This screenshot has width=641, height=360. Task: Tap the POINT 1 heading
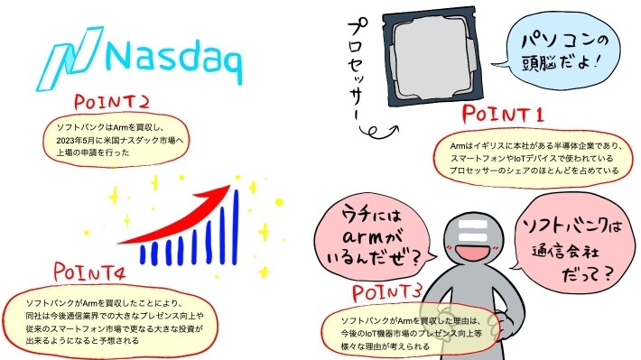[502, 115]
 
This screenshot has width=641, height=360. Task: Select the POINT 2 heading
[113, 102]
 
